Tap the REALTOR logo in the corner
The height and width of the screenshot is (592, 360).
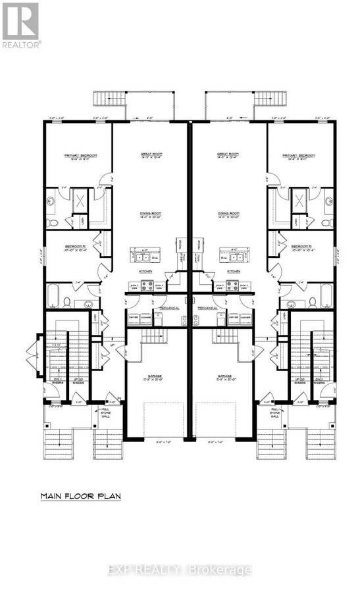tap(21, 25)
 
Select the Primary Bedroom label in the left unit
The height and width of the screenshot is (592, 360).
tap(81, 156)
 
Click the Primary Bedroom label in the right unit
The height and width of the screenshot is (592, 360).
tap(298, 156)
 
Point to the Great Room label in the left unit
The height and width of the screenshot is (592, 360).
tap(151, 156)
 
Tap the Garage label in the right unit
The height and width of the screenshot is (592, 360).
tap(226, 378)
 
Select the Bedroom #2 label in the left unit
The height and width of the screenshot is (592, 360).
tap(77, 247)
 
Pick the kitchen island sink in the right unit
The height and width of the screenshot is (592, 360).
tap(233, 255)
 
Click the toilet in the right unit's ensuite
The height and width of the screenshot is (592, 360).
tap(326, 223)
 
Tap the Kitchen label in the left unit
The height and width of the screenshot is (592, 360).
tap(145, 271)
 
